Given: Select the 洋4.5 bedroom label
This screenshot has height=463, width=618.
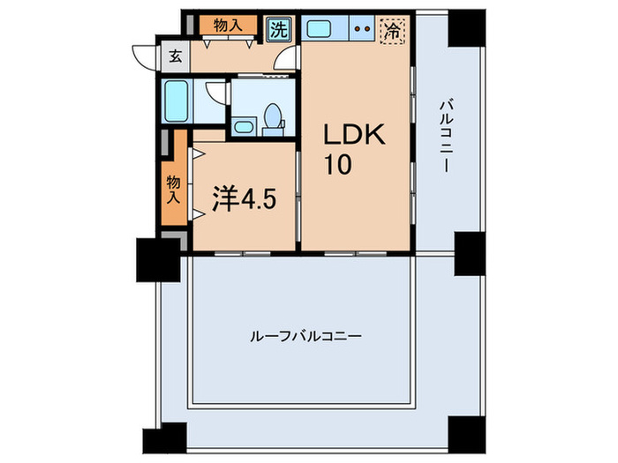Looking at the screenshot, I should pyautogui.click(x=245, y=199).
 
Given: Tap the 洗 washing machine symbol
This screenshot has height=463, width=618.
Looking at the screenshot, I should pyautogui.click(x=279, y=28).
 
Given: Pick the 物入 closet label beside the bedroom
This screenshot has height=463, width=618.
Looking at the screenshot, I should pyautogui.click(x=173, y=190).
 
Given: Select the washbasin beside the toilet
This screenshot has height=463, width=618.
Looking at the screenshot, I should pyautogui.click(x=244, y=126).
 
